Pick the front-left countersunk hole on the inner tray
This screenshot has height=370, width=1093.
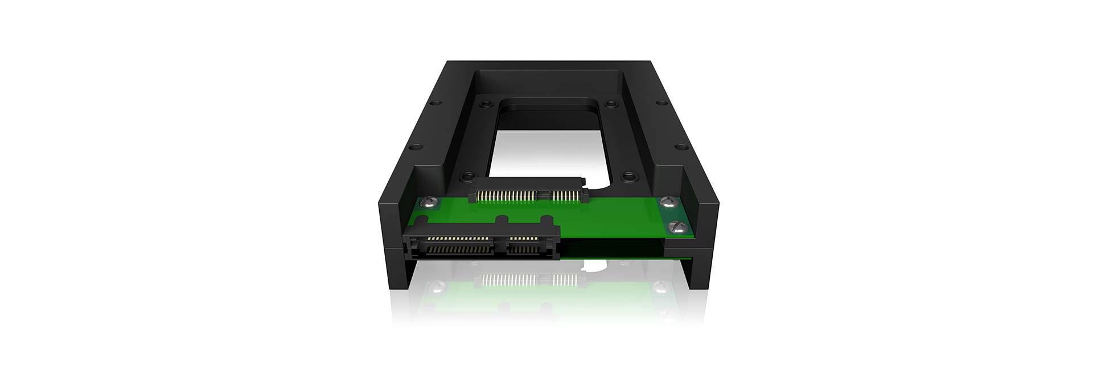[467, 176]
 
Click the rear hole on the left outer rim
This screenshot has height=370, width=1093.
[435, 104]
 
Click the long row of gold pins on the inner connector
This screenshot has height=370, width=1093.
[508, 195]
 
